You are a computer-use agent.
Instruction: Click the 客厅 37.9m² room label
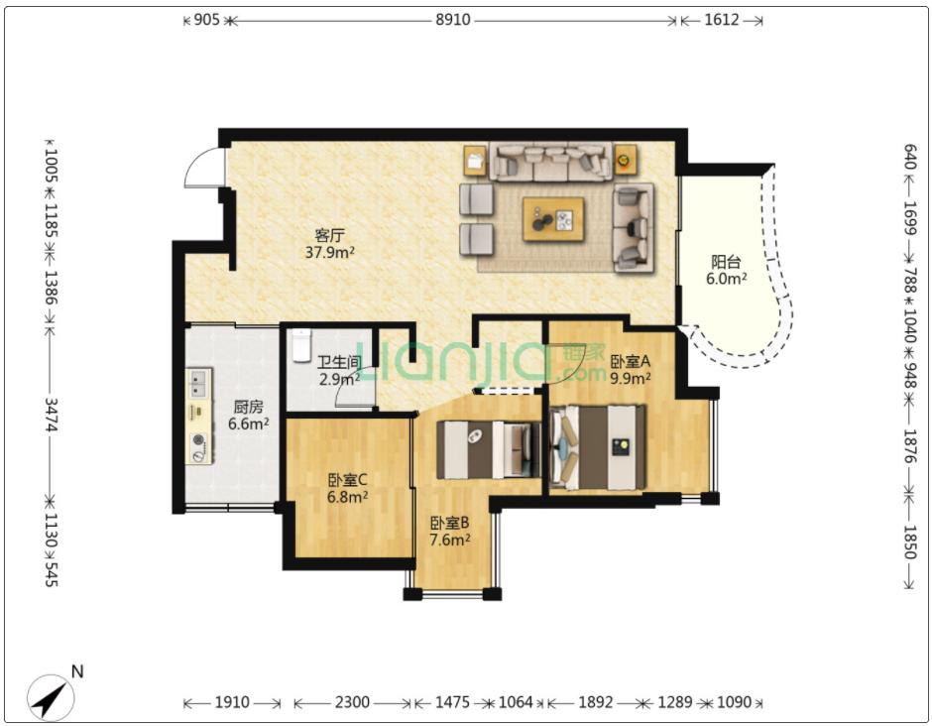click(x=330, y=244)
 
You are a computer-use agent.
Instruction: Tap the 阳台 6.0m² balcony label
click(x=726, y=270)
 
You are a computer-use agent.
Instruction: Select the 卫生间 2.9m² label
click(x=339, y=370)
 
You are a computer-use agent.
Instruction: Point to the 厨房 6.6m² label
click(x=249, y=415)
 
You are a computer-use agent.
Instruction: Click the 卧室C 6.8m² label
click(x=347, y=488)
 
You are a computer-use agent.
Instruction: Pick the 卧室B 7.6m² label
click(x=450, y=531)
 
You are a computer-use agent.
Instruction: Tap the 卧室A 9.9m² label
click(x=631, y=369)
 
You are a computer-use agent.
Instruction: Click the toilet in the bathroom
click(x=301, y=345)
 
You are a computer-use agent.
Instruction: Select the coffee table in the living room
click(x=553, y=219)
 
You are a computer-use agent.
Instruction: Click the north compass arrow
click(x=50, y=697)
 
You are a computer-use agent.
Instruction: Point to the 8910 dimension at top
click(x=452, y=20)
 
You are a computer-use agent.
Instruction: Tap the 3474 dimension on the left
click(x=51, y=415)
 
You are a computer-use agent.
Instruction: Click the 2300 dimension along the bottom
click(x=352, y=703)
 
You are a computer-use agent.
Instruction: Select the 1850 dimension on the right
click(x=909, y=543)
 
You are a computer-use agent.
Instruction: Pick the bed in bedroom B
click(x=489, y=449)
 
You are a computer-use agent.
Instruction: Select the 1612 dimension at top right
click(x=722, y=20)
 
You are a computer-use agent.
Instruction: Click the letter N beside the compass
click(x=77, y=671)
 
